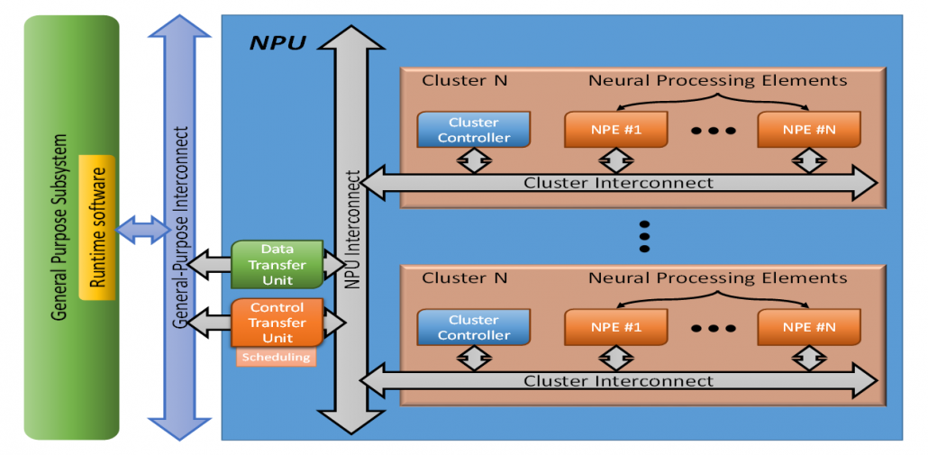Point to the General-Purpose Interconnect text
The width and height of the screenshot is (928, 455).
click(x=183, y=225)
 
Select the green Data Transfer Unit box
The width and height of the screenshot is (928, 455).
click(x=277, y=265)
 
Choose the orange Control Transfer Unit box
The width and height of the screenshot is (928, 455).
click(x=277, y=323)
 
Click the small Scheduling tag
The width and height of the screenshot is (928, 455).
click(x=277, y=358)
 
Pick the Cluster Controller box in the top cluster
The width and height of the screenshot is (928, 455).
click(x=473, y=130)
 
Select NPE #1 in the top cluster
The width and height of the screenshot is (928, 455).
click(x=616, y=130)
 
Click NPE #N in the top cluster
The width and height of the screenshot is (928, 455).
click(x=808, y=130)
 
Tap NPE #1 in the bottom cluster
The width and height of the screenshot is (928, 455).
click(x=616, y=328)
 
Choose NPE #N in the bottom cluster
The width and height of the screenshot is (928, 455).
click(x=808, y=328)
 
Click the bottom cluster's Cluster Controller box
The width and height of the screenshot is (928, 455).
click(x=473, y=327)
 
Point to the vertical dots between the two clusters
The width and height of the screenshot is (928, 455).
click(x=644, y=234)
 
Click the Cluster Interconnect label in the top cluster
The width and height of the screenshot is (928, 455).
click(x=618, y=183)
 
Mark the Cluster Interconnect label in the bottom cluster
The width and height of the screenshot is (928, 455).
click(x=618, y=381)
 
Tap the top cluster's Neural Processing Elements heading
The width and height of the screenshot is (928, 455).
click(x=717, y=80)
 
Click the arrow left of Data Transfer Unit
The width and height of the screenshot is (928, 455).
click(x=209, y=265)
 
